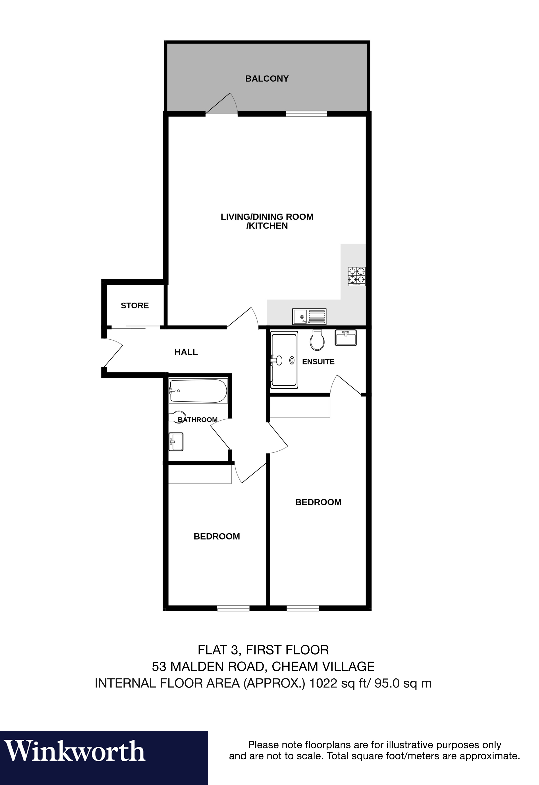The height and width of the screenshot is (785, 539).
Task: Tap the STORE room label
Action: point(135,305)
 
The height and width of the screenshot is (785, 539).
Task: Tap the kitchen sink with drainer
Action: point(309,316)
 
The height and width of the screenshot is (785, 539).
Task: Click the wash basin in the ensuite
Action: point(345,337)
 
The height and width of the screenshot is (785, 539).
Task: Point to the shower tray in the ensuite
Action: point(284,359)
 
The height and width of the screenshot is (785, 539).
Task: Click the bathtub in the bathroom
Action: point(198,391)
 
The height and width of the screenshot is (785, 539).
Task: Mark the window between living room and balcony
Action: point(306,114)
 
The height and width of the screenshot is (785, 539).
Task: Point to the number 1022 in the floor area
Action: point(323,683)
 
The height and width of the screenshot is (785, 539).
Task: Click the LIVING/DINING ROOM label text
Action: point(267,217)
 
